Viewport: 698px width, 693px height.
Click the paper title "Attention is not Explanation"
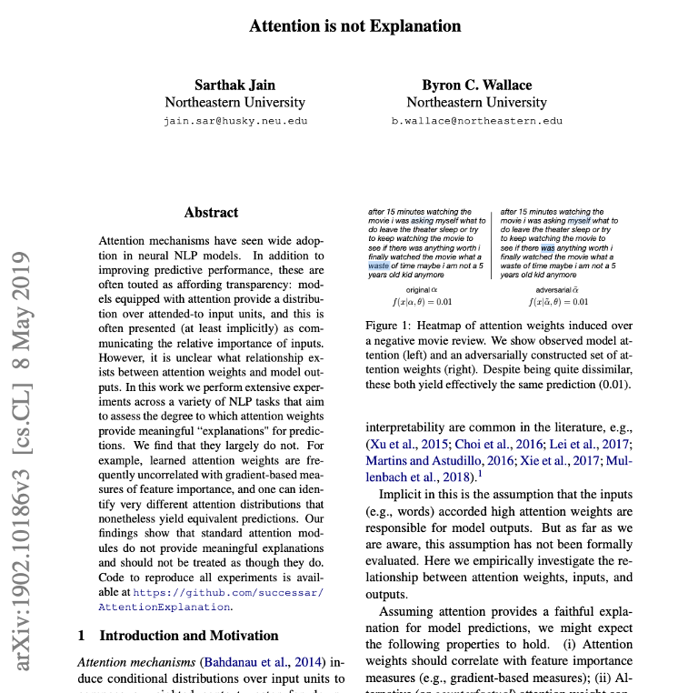355,25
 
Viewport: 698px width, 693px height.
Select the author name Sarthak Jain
234,85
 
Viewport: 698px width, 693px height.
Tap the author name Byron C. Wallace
476,85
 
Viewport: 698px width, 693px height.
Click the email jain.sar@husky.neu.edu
234,120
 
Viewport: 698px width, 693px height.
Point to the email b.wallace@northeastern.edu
476,120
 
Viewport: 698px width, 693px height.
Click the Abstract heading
211,212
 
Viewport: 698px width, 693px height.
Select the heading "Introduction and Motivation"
188,635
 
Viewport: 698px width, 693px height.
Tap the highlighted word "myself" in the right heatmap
579,220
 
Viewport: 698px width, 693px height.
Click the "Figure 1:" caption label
392,325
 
